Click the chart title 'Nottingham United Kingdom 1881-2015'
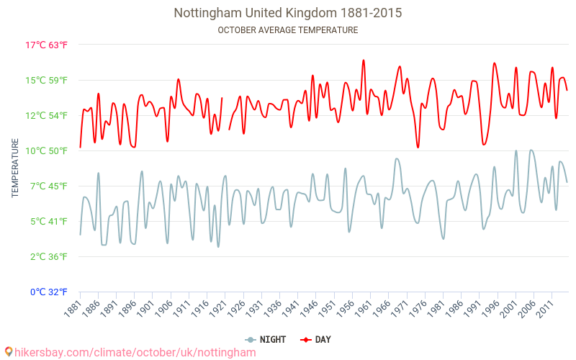tap(288, 13)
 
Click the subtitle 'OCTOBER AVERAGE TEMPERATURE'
tap(288, 30)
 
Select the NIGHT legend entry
tap(266, 339)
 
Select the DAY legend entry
tap(316, 339)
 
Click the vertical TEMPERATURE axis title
tap(15, 168)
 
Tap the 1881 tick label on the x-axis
tap(72, 308)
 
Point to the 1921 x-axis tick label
tap(217, 308)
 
